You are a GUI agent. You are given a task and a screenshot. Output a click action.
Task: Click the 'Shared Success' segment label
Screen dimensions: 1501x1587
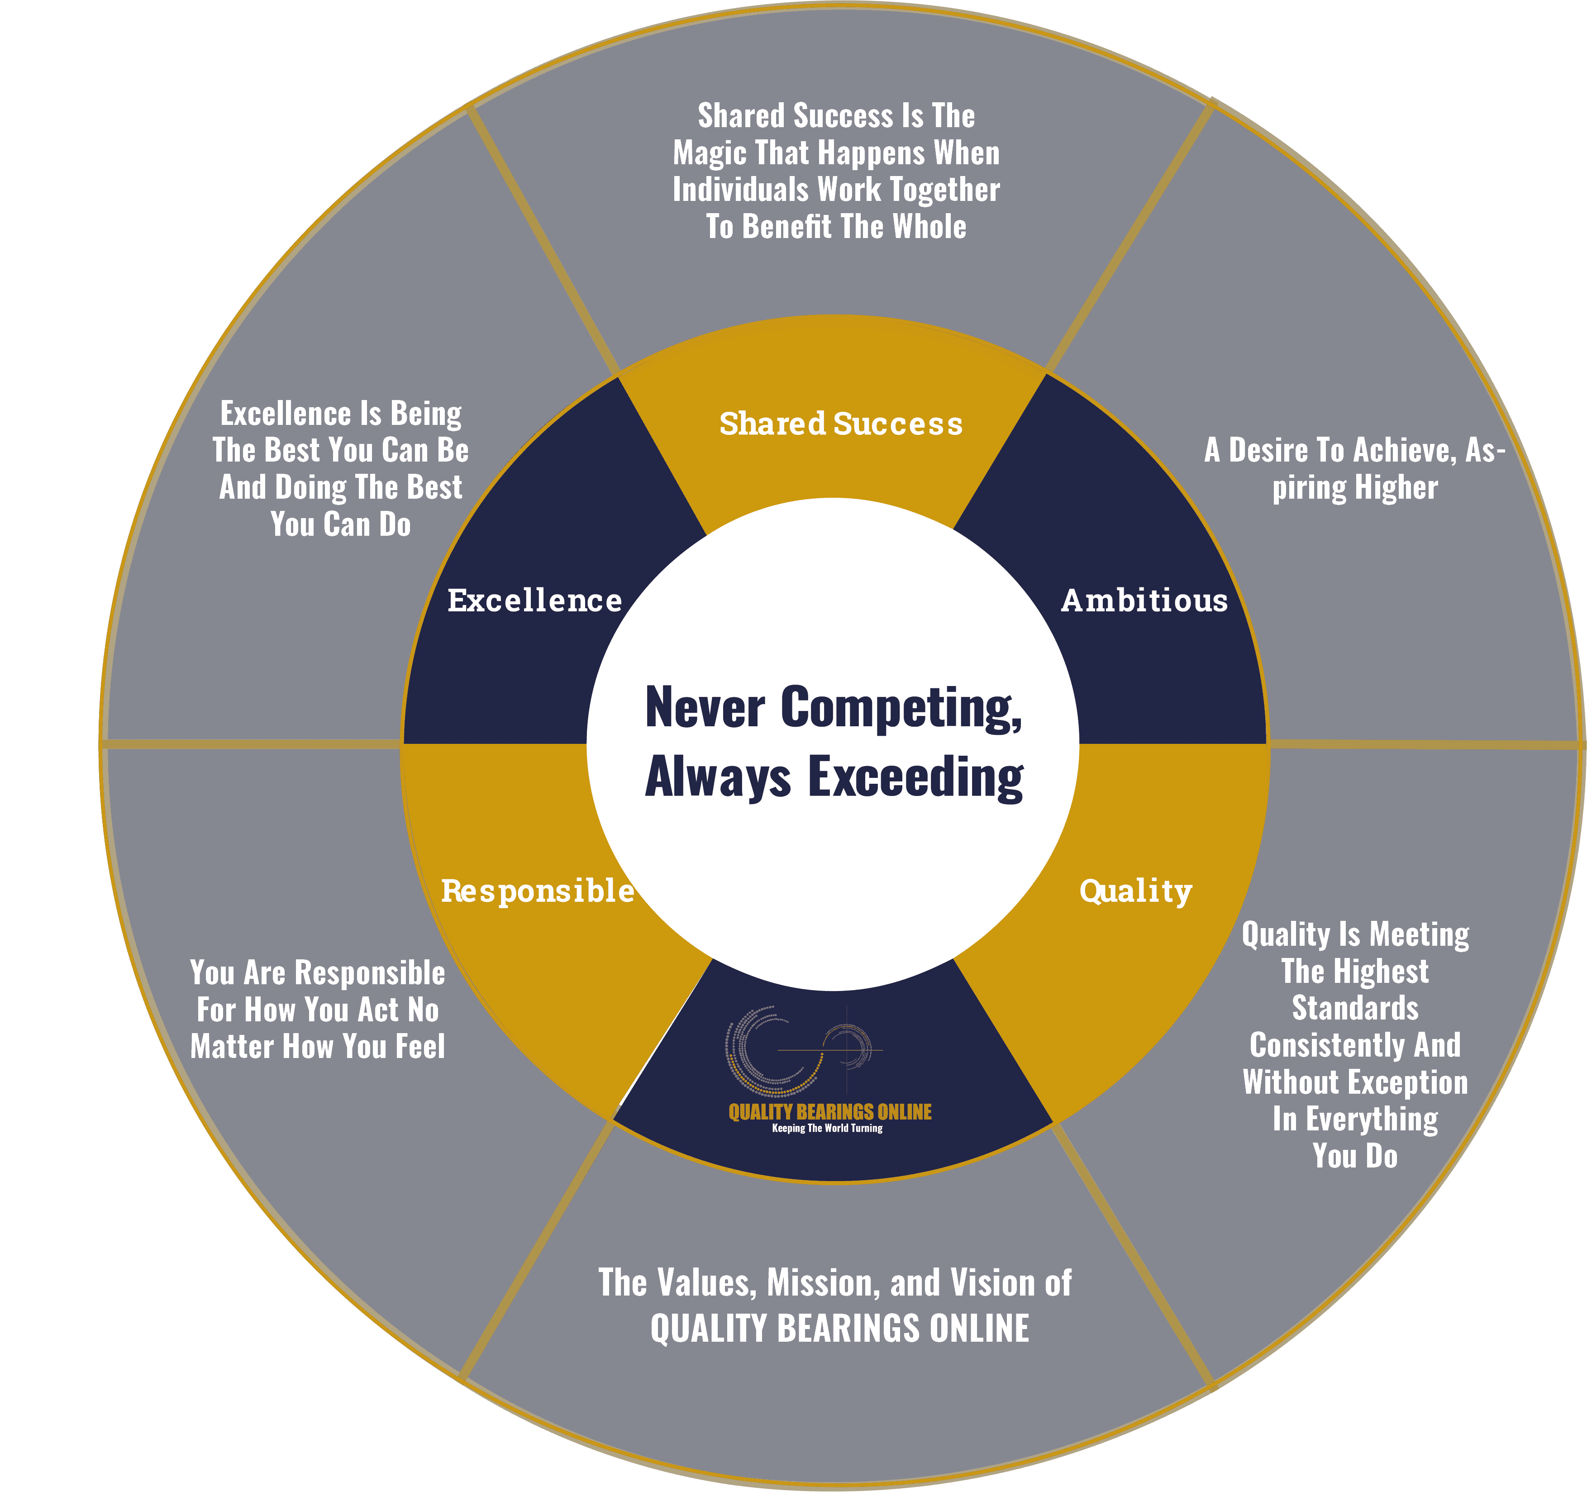point(840,423)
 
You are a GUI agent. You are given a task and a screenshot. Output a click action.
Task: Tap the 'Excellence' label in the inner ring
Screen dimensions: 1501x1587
point(534,600)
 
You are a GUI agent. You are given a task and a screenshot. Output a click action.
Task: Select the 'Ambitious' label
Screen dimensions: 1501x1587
point(1144,600)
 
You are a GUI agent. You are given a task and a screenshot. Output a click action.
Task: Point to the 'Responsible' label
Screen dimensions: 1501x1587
point(538,891)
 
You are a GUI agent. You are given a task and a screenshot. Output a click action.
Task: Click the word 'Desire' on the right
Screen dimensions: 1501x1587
point(1275,450)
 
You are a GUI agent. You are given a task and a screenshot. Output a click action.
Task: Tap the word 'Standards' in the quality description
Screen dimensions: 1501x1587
point(1355,1008)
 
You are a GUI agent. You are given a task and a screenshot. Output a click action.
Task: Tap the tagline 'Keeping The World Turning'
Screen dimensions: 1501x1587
point(827,1128)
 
